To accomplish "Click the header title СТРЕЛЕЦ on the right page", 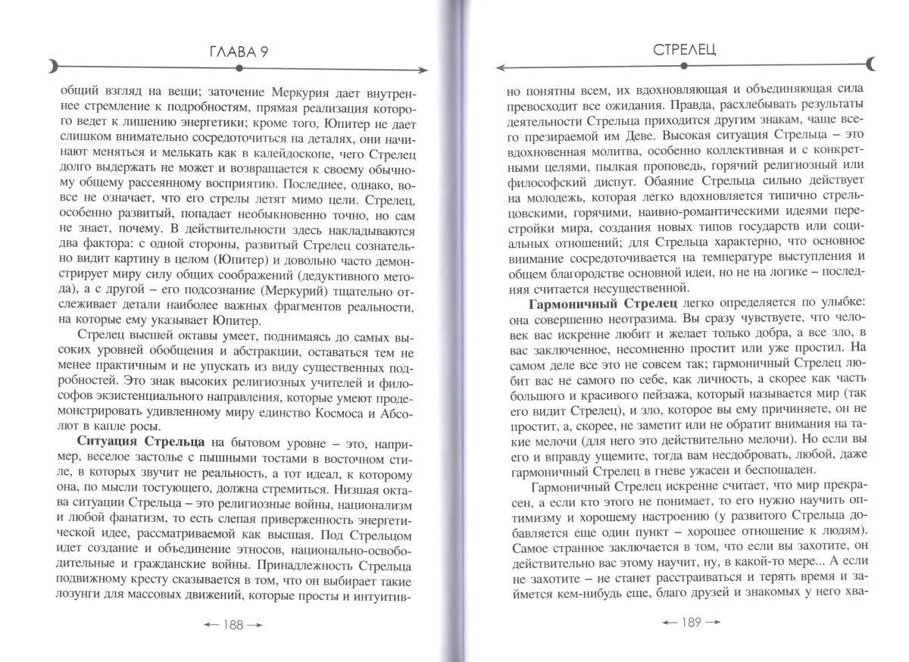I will pos(684,50).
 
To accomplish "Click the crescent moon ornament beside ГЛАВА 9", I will pos(53,67).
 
